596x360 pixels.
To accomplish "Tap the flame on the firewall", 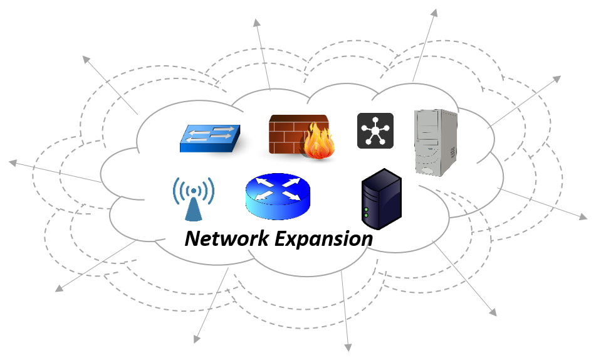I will (x=319, y=141).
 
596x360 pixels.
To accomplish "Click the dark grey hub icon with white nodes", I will (x=375, y=130).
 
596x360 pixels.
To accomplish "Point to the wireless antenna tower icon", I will (x=194, y=199).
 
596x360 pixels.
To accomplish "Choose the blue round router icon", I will (x=277, y=195).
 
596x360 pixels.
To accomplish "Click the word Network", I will (x=224, y=239).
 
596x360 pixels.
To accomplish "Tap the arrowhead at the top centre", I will (x=257, y=23).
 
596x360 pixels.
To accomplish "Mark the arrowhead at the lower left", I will (x=59, y=289).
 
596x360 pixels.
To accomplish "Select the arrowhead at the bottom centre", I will (x=347, y=347).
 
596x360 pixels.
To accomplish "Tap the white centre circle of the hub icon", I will (x=375, y=130).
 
